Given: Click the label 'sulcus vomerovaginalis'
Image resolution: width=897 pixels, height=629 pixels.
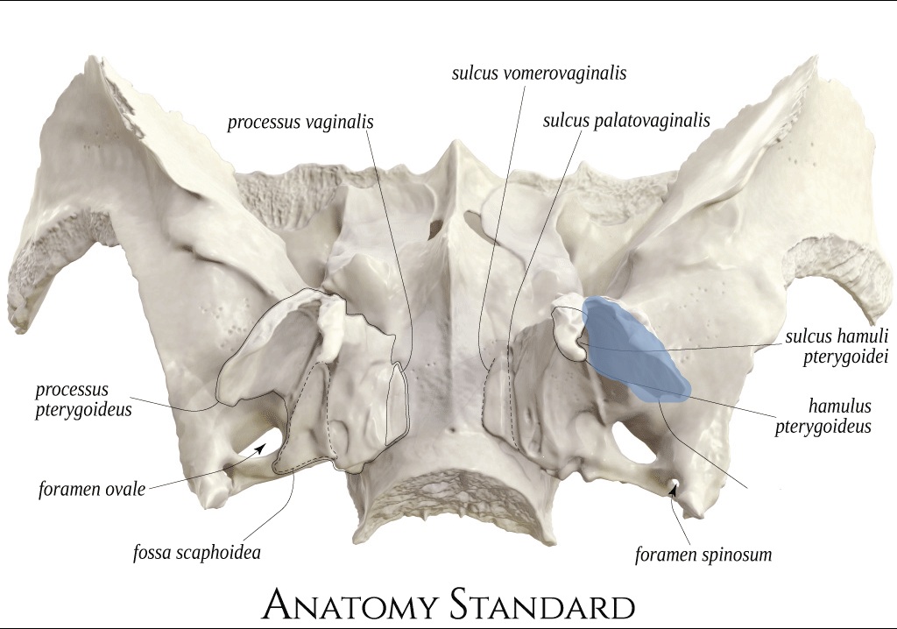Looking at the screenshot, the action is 539,74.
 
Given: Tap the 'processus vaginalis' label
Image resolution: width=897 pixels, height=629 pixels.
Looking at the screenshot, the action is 300,123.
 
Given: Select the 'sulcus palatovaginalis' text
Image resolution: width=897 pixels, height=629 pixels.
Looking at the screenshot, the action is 626,121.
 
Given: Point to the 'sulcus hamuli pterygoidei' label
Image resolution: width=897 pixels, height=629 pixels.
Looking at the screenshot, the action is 837,346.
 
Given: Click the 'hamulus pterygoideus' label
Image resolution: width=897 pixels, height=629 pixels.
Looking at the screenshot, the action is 823,416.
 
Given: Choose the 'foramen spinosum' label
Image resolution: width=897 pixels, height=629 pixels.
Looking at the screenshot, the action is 703,554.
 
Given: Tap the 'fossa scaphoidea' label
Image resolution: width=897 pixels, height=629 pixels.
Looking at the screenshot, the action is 197,552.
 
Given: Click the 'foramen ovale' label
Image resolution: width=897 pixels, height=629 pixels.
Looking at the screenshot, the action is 92,490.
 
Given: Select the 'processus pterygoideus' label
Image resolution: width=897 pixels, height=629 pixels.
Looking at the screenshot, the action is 83,399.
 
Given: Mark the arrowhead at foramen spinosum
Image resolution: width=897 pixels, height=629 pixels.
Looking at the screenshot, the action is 674,490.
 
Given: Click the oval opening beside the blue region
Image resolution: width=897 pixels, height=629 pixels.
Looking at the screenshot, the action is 627,442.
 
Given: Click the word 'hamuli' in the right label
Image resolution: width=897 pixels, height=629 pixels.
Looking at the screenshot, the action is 863,336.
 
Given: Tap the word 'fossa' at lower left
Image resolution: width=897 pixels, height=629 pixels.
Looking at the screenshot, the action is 152,552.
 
